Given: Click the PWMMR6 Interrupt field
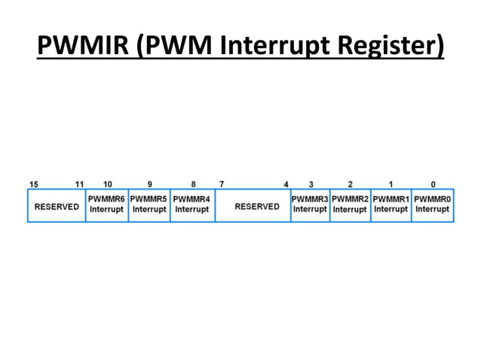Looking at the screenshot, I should pos(106,204).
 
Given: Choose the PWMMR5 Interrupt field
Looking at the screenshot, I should pos(149,204).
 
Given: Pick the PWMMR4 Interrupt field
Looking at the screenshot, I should pos(191,204).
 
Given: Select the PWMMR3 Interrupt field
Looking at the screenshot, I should pos(310,204).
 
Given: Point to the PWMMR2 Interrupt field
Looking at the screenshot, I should pos(350,204).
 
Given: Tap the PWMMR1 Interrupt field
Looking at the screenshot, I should pos(391,204).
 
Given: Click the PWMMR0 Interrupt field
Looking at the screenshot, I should pos(432,204).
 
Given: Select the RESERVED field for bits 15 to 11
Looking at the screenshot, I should pos(57,206).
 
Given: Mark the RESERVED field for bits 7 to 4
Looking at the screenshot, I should pos(257,206).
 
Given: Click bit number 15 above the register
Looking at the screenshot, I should pos(34,184).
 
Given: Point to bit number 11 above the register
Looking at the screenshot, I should pos(80,184).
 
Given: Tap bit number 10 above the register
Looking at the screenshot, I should pos(107,184).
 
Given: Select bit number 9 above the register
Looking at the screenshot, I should pos(149,184).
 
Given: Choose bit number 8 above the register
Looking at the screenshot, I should pos(193,184).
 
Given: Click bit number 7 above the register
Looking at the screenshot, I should pos(221,184).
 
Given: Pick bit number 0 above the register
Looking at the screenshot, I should pos(433,184).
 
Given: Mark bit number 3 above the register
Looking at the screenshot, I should pos(311,184).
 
